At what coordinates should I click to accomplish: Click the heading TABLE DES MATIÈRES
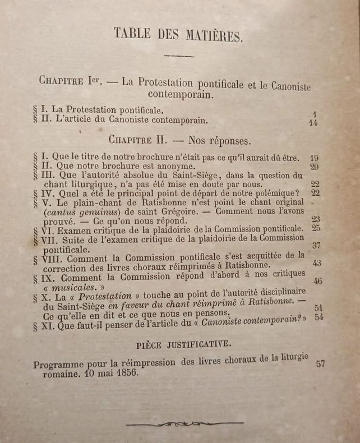179,35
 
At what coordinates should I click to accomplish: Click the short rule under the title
178,56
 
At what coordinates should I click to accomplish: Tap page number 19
313,159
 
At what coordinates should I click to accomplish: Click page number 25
316,229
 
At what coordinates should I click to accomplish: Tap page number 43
317,263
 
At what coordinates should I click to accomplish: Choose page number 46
318,281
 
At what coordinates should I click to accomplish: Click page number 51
319,308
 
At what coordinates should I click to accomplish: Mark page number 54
319,317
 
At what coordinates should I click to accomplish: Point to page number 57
320,363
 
